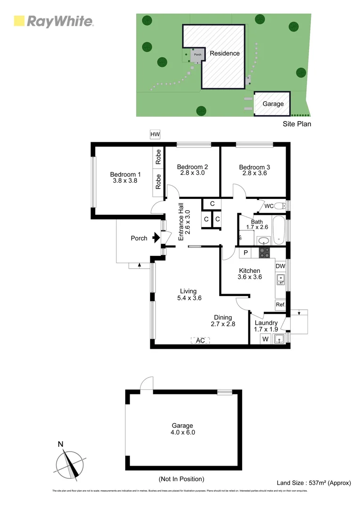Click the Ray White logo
[53, 21]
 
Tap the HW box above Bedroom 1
[155, 135]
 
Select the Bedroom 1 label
[125, 173]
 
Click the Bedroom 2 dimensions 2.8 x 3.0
[192, 173]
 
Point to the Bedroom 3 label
[254, 167]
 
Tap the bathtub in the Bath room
[279, 230]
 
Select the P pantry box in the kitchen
[245, 253]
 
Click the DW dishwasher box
[280, 266]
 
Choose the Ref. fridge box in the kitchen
[280, 305]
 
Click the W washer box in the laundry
[265, 339]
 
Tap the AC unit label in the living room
[200, 340]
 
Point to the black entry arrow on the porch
[155, 238]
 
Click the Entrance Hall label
[184, 222]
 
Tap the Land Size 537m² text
[313, 482]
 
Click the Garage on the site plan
[273, 104]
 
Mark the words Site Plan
[297, 124]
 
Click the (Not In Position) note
[181, 479]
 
